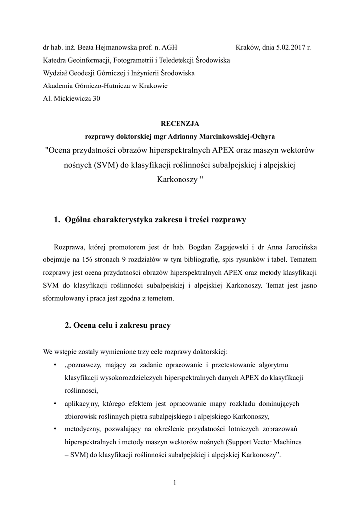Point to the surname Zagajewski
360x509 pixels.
pos(228,248)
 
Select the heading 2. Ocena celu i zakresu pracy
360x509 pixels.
pos(117,326)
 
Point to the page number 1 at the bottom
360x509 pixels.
pos(175,482)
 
